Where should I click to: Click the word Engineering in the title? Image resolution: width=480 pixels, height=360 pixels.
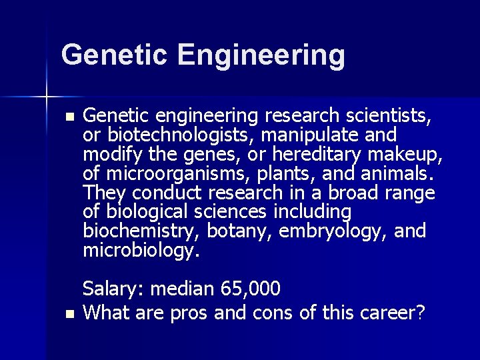[x=261, y=55]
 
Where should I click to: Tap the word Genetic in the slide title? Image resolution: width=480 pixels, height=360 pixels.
[x=113, y=54]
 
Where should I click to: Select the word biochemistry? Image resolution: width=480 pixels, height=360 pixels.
[x=141, y=232]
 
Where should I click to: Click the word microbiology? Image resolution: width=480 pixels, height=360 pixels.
[x=141, y=251]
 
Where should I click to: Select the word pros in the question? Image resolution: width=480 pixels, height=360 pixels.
[x=189, y=312]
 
